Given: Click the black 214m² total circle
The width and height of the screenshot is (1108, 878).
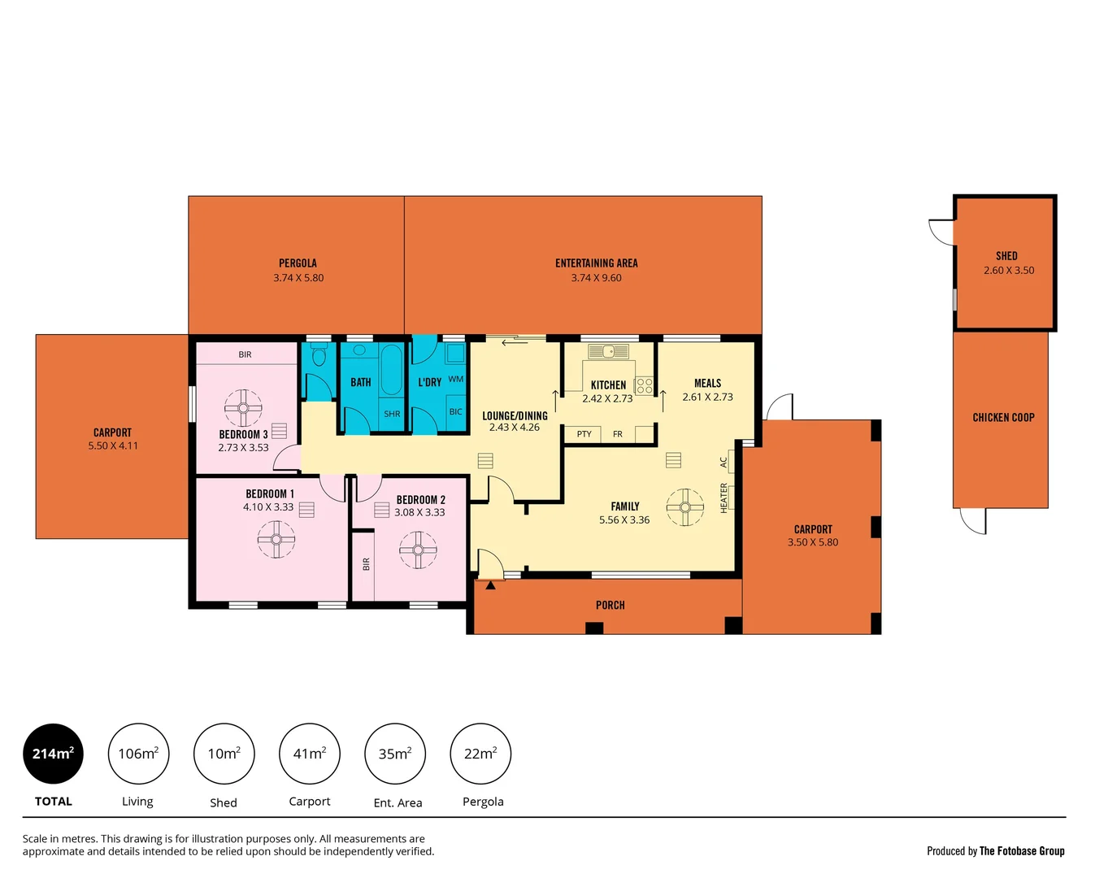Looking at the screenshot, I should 53,754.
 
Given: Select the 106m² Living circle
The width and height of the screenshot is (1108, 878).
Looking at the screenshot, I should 138,754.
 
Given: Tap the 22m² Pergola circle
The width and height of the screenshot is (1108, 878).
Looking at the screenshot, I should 480,754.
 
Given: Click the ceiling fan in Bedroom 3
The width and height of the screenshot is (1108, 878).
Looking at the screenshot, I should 243,407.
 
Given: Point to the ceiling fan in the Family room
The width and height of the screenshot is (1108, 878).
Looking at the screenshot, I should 685,507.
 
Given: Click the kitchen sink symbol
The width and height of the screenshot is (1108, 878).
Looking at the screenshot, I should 608,351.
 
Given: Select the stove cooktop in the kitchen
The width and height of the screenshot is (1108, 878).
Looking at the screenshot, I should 644,385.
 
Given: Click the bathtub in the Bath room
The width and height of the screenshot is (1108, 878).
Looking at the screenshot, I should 391,369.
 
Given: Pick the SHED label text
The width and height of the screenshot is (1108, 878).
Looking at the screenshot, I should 1006,255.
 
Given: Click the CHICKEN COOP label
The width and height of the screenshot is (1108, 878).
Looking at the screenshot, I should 1003,417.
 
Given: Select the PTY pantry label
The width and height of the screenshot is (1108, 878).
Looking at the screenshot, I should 584,434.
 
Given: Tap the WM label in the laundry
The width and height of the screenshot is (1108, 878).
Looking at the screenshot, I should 455,379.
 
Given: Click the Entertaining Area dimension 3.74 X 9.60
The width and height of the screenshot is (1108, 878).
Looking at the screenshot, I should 596,278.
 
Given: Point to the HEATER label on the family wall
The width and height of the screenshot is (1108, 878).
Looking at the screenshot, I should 723,498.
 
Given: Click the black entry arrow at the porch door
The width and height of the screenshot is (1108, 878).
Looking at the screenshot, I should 490,585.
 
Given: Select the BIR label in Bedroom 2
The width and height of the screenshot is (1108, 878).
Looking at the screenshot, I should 366,563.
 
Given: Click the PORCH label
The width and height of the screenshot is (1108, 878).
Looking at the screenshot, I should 610,605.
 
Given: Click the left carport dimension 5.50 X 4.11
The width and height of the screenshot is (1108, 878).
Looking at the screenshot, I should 113,446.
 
